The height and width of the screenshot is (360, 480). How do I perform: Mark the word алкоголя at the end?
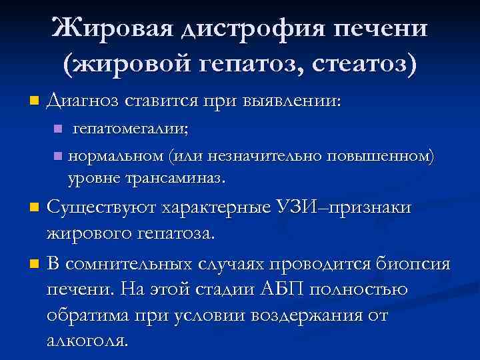click(87, 341)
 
